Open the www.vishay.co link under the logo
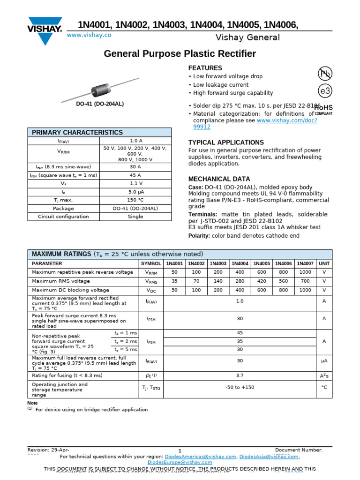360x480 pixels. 89,35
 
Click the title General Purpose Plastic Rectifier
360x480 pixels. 180,54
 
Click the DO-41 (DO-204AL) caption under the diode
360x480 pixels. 100,104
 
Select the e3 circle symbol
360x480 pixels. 325,90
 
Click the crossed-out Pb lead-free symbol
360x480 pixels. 325,73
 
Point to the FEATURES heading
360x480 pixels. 205,68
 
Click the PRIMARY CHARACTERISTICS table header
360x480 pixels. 77,133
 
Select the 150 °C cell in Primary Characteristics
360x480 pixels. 135,200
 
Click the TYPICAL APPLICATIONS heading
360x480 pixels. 226,142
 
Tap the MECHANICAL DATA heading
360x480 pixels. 219,179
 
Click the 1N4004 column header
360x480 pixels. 240,264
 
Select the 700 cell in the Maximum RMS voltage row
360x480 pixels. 305,281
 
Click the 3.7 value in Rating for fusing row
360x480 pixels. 240,375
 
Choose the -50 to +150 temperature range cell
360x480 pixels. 240,388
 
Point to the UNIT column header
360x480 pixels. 324,264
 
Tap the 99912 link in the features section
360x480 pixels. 202,127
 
